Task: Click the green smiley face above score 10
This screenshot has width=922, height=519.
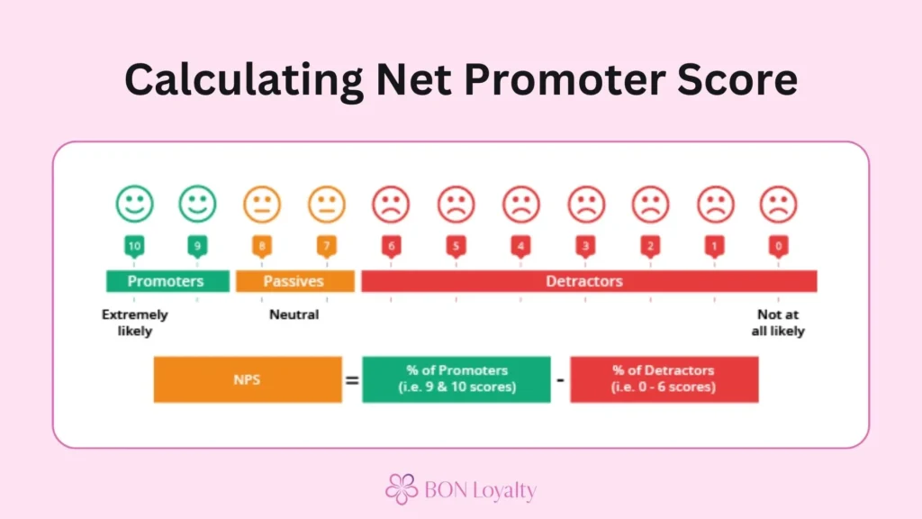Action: (x=134, y=205)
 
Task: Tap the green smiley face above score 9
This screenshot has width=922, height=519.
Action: (x=198, y=205)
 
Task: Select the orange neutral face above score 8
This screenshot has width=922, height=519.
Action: (x=263, y=205)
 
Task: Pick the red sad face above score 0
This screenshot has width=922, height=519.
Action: (x=779, y=205)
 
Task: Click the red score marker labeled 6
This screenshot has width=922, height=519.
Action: (x=392, y=246)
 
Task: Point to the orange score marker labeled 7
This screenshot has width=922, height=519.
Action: (x=327, y=246)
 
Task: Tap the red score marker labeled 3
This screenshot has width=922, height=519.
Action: (x=585, y=246)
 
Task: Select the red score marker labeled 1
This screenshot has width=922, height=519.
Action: (x=714, y=246)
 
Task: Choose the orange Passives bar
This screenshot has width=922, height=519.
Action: (x=294, y=281)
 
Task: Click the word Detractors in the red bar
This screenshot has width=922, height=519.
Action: (x=584, y=281)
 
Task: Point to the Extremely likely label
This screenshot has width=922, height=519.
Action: (x=134, y=323)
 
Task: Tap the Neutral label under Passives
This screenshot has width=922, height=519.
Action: (x=294, y=315)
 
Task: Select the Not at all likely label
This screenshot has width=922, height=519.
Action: (x=778, y=323)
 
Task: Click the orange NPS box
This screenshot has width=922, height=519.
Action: (x=248, y=379)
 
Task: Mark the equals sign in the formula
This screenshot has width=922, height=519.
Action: (x=352, y=380)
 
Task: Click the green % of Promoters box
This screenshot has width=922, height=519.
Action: (x=456, y=379)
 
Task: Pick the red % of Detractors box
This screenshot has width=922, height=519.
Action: (x=664, y=379)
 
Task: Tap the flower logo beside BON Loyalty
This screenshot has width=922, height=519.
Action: (x=402, y=488)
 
